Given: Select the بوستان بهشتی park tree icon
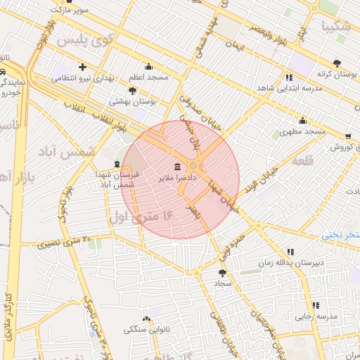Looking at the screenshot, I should click(132, 91).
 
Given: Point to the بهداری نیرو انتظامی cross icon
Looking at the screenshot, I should click(83, 67).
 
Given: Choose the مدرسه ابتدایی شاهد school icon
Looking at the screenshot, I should click(288, 77).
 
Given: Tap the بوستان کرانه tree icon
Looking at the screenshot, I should click(337, 63).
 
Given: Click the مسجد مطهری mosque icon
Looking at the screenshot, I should click(302, 120).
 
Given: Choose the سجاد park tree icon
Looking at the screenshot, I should click(223, 272).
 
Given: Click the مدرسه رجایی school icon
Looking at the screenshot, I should click(315, 305).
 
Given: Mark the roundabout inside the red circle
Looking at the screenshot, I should click(193, 166).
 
